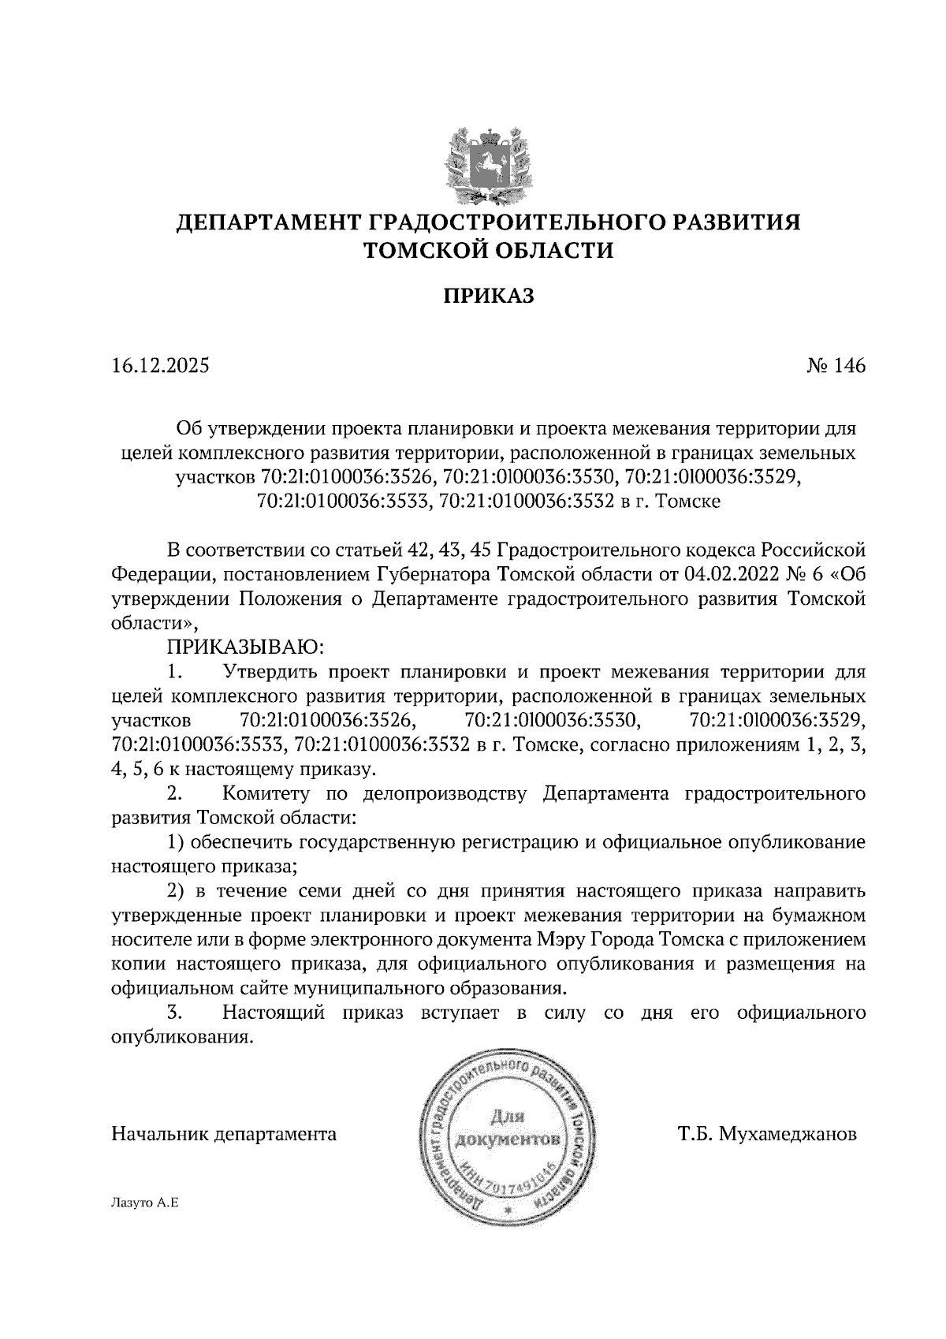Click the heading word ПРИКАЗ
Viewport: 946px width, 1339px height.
(488, 296)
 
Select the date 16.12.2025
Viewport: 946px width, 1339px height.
(161, 366)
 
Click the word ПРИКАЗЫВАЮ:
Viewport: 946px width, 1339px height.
(244, 647)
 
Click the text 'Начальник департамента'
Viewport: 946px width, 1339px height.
(225, 1136)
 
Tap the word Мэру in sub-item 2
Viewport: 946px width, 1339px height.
(560, 940)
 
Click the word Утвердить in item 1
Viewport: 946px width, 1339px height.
(271, 673)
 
